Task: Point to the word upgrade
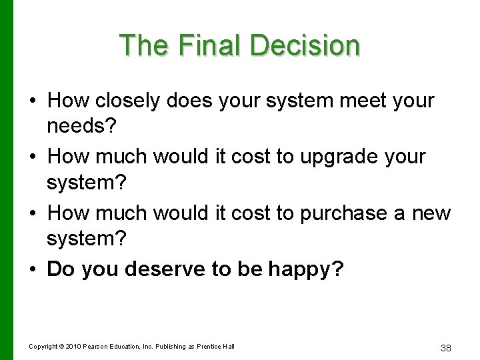333,157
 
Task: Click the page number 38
447,347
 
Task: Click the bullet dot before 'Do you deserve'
33,269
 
